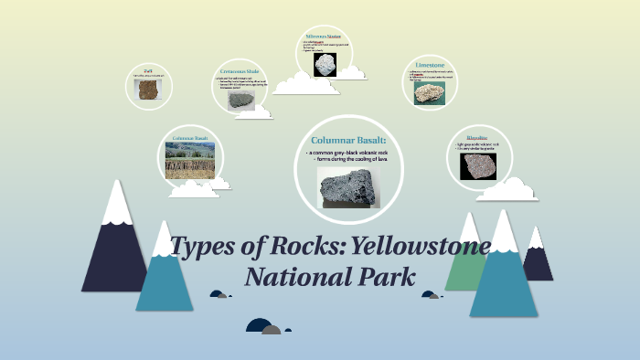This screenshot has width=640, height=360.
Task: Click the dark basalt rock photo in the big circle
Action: click(347, 186)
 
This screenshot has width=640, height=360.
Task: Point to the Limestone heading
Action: click(430, 66)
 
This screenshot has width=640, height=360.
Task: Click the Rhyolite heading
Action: click(477, 137)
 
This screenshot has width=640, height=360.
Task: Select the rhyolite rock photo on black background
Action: click(478, 166)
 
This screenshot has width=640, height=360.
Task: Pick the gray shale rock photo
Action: click(241, 100)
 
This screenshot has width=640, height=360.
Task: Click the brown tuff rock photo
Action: click(146, 89)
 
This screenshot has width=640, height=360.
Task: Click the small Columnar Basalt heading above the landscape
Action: click(189, 138)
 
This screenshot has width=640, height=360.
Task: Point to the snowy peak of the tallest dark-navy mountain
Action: click(117, 203)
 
